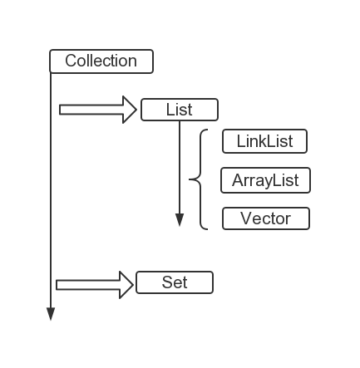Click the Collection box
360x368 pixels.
(101, 61)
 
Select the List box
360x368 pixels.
(180, 110)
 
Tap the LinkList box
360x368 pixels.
(264, 141)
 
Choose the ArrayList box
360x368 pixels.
(265, 180)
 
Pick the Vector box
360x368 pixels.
(266, 218)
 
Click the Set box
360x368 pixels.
(175, 282)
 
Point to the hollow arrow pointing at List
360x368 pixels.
(98, 110)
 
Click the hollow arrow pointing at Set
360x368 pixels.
(95, 285)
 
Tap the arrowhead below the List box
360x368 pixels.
(180, 220)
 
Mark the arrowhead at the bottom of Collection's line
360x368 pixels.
(51, 314)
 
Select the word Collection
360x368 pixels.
(101, 61)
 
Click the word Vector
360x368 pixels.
(265, 218)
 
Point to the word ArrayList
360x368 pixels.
(265, 181)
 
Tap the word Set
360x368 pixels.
(175, 282)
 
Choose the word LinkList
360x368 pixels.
(264, 141)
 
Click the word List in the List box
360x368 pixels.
(179, 110)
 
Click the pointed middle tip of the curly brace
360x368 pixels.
(190, 179)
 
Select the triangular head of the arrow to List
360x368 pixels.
(130, 110)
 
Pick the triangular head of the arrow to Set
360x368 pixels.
(126, 285)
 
